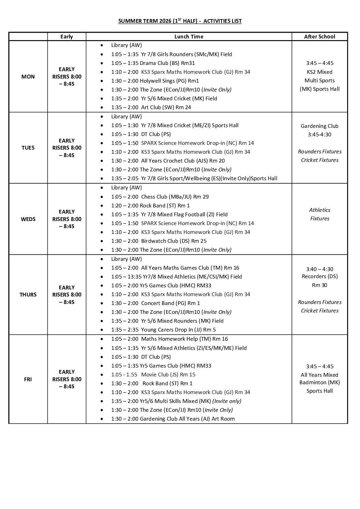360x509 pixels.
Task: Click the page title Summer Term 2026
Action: tap(180, 21)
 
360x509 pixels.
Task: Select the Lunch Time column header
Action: tap(189, 36)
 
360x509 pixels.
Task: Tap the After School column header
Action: tap(319, 36)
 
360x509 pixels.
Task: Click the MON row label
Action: tap(28, 77)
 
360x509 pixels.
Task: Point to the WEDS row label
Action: tap(28, 219)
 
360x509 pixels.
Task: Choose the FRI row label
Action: tap(28, 379)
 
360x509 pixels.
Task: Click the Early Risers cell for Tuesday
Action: tap(67, 148)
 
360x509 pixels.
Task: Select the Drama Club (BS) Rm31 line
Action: tap(153, 63)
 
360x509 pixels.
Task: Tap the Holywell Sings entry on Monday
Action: tap(155, 81)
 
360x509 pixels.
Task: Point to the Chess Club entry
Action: tap(160, 197)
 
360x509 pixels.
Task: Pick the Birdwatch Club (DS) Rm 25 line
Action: tap(159, 241)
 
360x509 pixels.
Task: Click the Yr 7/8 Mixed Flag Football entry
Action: tap(169, 214)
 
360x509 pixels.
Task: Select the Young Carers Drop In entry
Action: tap(163, 329)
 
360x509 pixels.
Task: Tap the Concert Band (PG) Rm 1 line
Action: tap(156, 303)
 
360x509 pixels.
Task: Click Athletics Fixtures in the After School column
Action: tap(320, 214)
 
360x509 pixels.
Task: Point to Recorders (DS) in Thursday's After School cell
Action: tap(320, 276)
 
